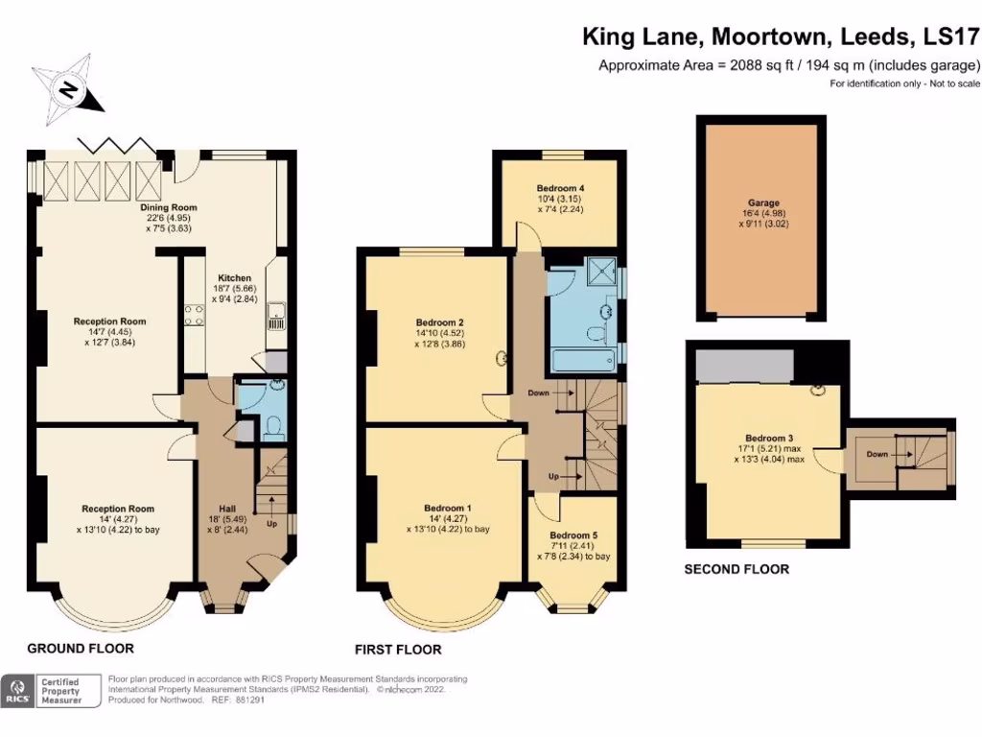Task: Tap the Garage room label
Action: pyautogui.click(x=763, y=203)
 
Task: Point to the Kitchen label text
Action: pyautogui.click(x=234, y=278)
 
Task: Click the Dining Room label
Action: pyautogui.click(x=168, y=207)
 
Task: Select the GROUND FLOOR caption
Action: pyautogui.click(x=80, y=649)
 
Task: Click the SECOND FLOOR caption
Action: pyautogui.click(x=736, y=569)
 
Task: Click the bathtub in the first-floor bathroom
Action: pyautogui.click(x=582, y=362)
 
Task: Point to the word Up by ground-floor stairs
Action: pyautogui.click(x=272, y=524)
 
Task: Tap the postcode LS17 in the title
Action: pyautogui.click(x=949, y=38)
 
